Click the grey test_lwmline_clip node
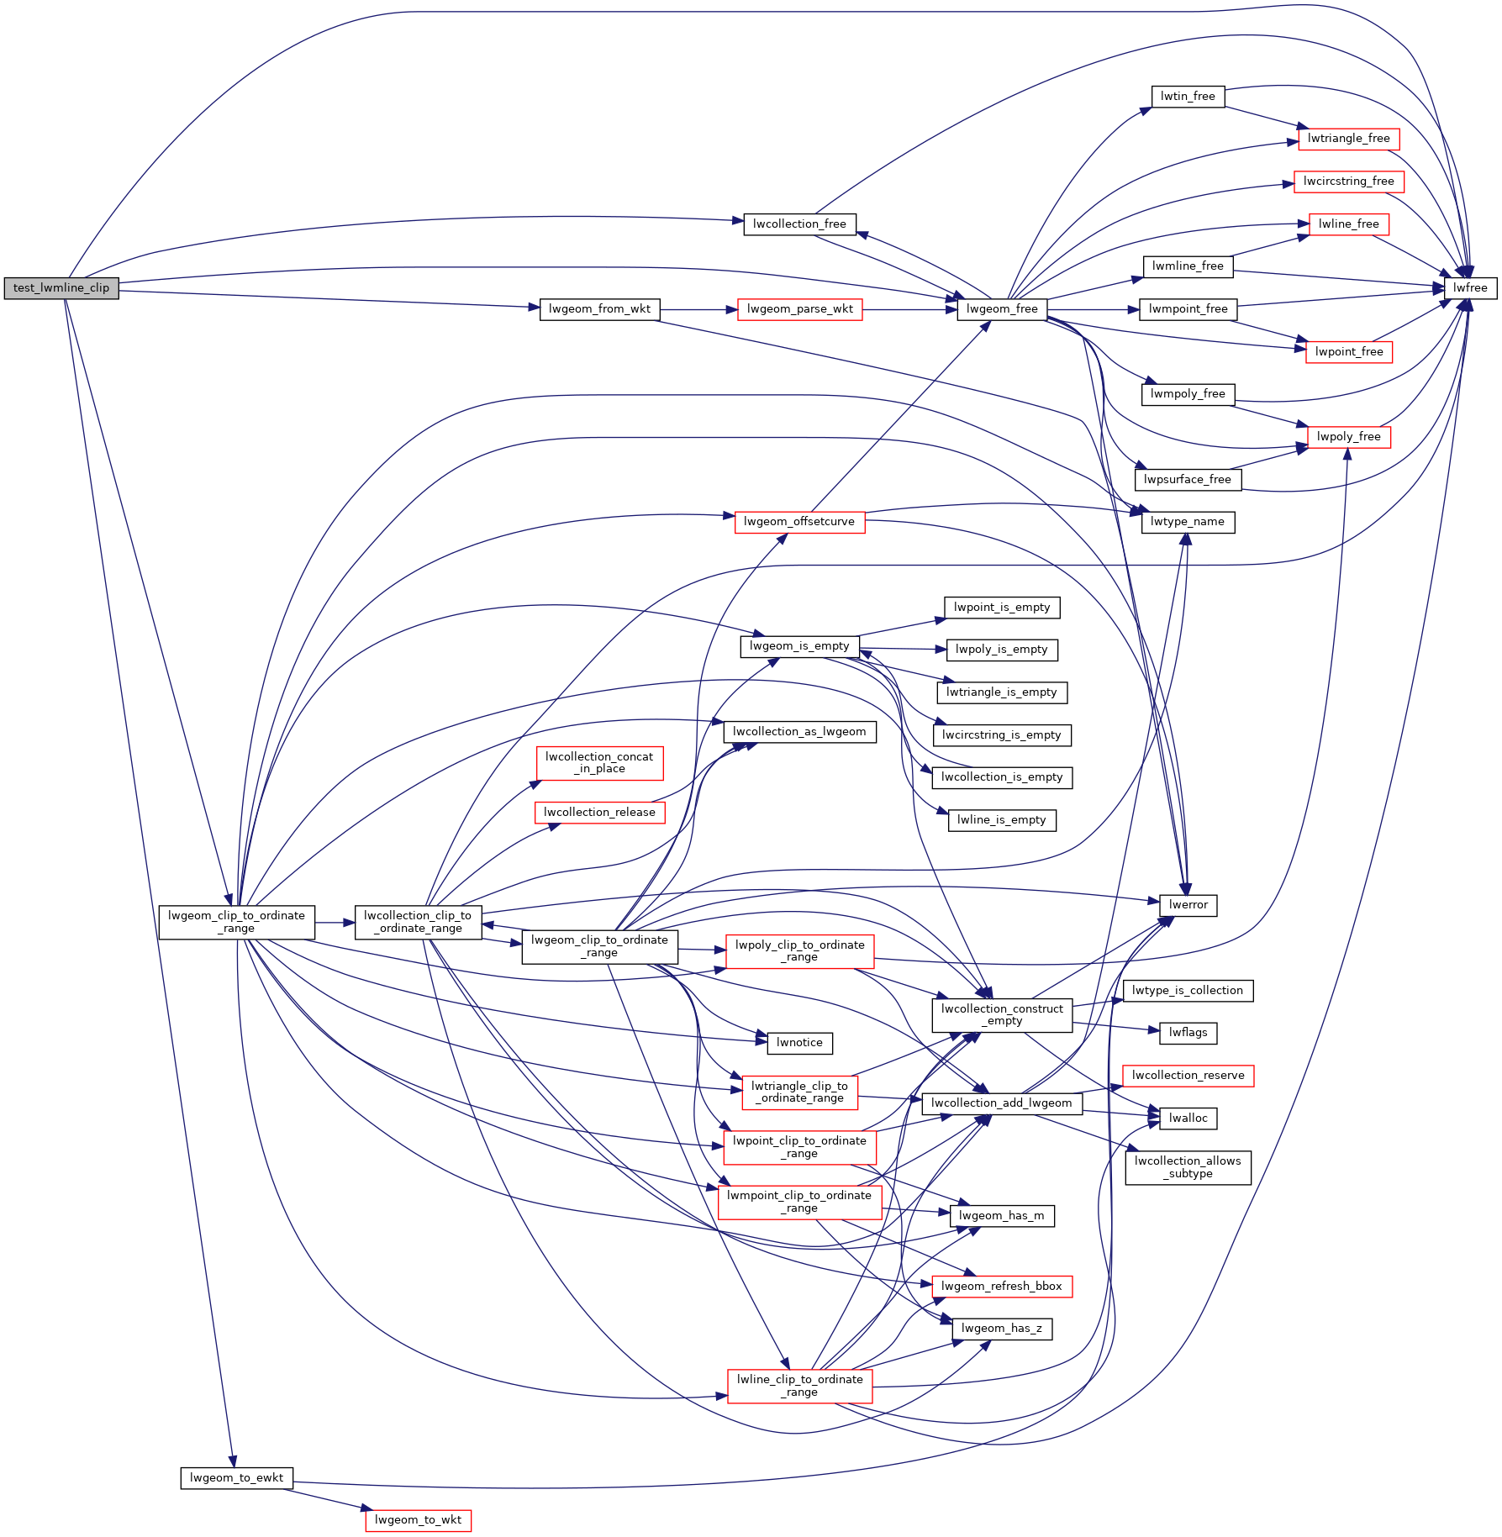(61, 288)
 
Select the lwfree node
(1470, 288)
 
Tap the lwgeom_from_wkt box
(599, 309)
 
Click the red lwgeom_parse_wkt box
(799, 309)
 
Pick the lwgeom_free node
(1002, 309)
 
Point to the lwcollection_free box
(799, 224)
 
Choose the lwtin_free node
(1188, 97)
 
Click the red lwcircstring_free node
(1348, 182)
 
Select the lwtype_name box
(1188, 522)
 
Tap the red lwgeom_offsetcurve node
(799, 522)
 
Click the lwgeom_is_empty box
(799, 646)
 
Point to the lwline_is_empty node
(1002, 820)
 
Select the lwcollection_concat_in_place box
(599, 763)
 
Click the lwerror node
(1188, 905)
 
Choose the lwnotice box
(799, 1043)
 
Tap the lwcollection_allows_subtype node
(1188, 1167)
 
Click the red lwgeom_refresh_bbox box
(1002, 1287)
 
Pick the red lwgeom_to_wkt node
(418, 1520)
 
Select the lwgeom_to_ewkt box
(236, 1478)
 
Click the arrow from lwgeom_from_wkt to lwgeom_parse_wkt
(698, 309)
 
